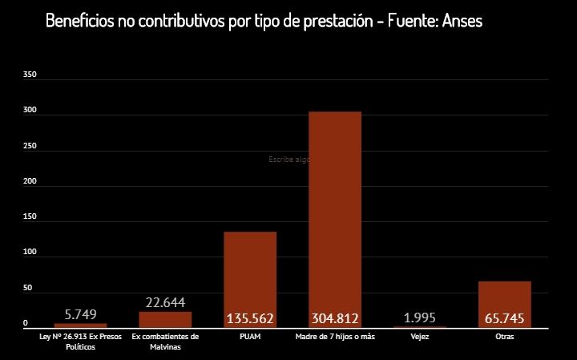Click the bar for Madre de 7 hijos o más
click(334, 208)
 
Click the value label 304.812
click(334, 319)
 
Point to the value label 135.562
click(250, 319)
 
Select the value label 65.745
click(504, 319)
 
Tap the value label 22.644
click(165, 302)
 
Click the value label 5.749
click(80, 314)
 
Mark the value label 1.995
click(420, 318)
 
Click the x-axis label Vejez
click(419, 337)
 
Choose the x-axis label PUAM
click(249, 337)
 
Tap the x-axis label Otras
click(505, 337)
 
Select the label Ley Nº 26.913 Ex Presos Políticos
click(80, 342)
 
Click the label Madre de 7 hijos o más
click(334, 337)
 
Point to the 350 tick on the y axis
click(30, 75)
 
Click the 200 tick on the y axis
click(30, 181)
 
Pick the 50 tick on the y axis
click(28, 288)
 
